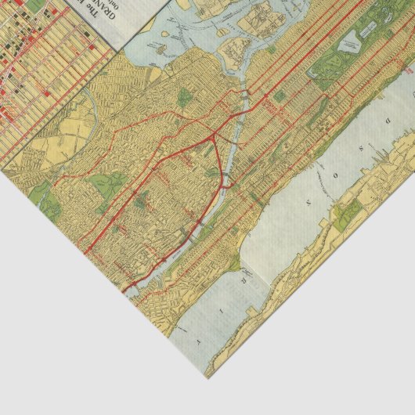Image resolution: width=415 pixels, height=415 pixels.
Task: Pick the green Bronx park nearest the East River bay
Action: click(x=184, y=98)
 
